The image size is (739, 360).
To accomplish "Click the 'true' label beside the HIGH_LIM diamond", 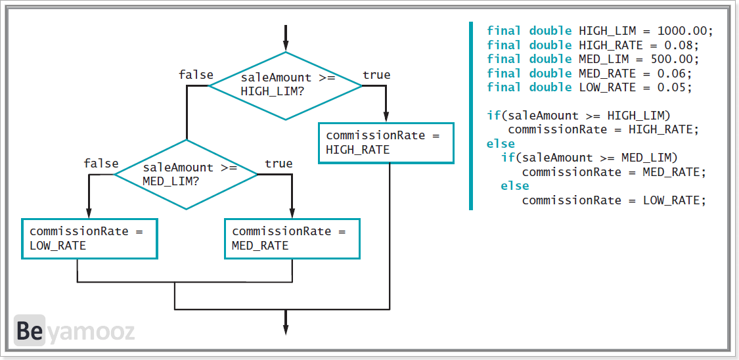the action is tap(376, 75).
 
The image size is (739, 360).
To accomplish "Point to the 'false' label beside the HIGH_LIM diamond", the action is tap(196, 75).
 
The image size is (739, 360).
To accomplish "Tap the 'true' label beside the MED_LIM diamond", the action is tap(279, 164).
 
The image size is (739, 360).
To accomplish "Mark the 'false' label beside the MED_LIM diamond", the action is tap(101, 164).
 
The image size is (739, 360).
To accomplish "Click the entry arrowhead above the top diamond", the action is tap(285, 45).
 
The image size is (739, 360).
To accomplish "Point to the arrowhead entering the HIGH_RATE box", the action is tap(386, 117).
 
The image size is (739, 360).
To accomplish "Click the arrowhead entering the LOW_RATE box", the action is tap(89, 212).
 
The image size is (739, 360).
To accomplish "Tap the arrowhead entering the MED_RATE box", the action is tap(292, 212).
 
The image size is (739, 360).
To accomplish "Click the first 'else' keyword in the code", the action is tap(501, 143).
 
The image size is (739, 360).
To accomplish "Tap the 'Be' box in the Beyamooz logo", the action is tap(29, 330).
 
